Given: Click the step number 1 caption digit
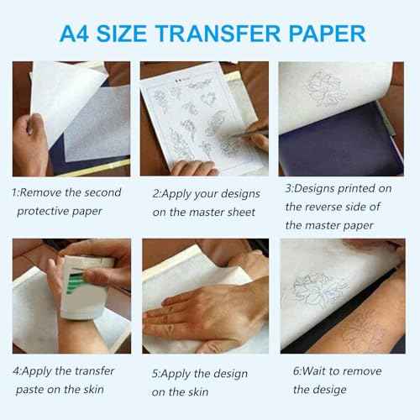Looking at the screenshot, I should (14, 192).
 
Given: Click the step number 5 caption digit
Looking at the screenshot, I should (155, 370).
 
